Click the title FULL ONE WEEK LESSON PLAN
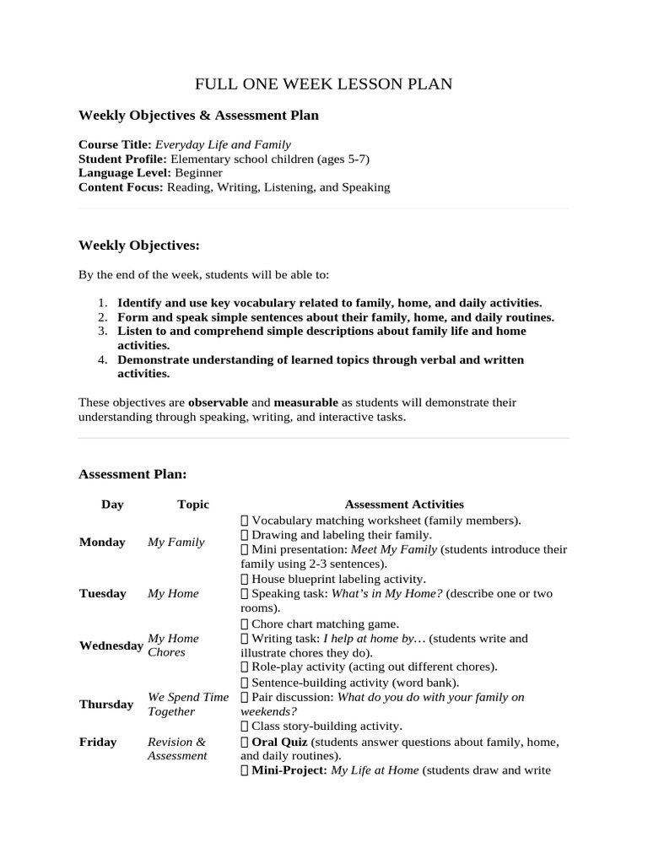pyautogui.click(x=324, y=84)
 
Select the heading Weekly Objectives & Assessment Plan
pyautogui.click(x=198, y=115)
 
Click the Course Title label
pyautogui.click(x=115, y=144)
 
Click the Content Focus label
pyautogui.click(x=121, y=187)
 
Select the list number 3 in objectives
pyautogui.click(x=101, y=332)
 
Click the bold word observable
pyautogui.click(x=218, y=402)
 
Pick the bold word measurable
pyautogui.click(x=305, y=402)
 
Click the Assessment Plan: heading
pyautogui.click(x=132, y=474)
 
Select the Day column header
pyautogui.click(x=112, y=505)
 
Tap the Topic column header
pyautogui.click(x=193, y=505)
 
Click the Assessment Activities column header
pyautogui.click(x=404, y=505)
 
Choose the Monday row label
pyautogui.click(x=102, y=543)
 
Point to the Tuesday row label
pyautogui.click(x=103, y=594)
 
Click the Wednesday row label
pyautogui.click(x=111, y=646)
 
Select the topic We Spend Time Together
pyautogui.click(x=188, y=705)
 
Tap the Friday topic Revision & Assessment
pyautogui.click(x=177, y=749)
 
